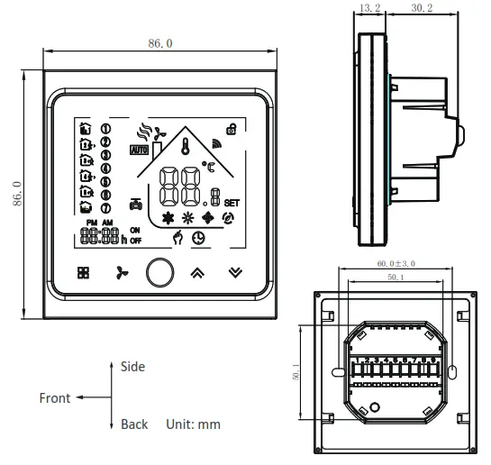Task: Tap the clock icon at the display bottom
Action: tap(196, 238)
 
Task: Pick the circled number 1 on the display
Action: tap(105, 128)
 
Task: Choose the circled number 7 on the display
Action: tap(105, 209)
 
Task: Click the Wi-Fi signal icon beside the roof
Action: tap(215, 142)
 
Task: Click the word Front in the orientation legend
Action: tap(54, 397)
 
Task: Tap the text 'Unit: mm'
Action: tap(193, 424)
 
